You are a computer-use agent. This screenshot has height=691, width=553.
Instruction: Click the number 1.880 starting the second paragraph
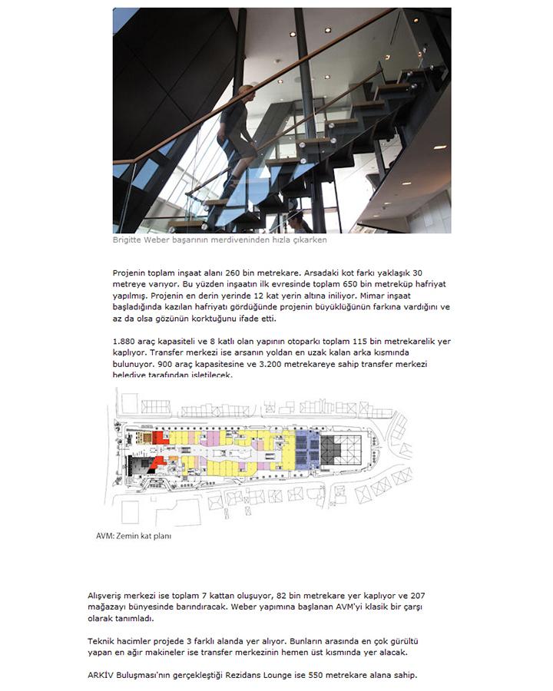tap(125, 340)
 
